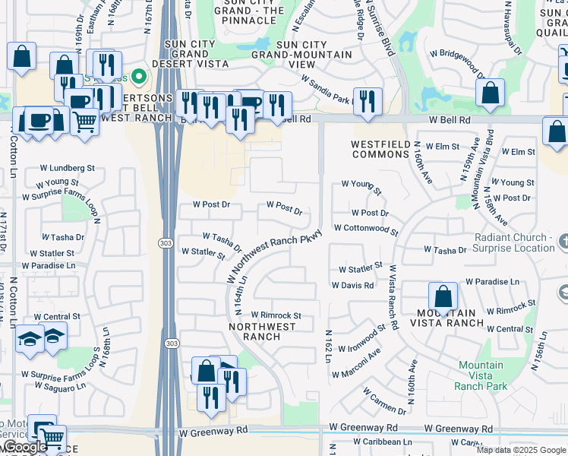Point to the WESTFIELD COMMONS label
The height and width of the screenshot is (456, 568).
click(380, 149)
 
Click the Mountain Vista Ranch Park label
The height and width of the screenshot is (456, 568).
click(480, 375)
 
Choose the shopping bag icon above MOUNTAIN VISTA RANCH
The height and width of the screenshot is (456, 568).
click(443, 296)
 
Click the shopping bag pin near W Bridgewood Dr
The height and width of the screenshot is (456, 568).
click(491, 93)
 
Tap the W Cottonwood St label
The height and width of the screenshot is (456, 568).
click(366, 229)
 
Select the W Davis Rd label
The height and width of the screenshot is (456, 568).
click(352, 286)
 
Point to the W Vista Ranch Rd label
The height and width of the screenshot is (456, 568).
click(393, 296)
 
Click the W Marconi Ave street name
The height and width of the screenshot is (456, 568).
click(355, 366)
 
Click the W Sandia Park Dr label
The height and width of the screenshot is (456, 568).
click(326, 89)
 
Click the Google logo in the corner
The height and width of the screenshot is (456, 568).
click(25, 447)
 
